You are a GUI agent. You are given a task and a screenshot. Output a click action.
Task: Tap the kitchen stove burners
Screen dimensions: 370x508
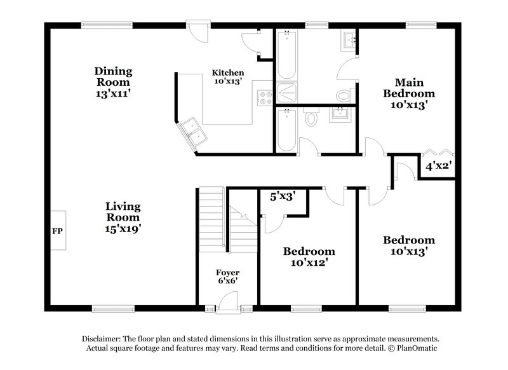pos(264,99)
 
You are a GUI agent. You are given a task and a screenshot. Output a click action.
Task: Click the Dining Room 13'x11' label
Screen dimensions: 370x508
pos(113,82)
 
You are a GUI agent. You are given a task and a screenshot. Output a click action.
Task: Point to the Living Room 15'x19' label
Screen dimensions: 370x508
pos(123,218)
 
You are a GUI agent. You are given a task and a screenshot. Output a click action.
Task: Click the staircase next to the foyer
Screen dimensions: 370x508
pos(212,219)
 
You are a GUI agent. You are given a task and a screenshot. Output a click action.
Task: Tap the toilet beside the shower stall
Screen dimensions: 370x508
pos(344,95)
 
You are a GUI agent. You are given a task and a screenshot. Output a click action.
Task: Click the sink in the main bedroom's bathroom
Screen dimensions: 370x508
pos(349,41)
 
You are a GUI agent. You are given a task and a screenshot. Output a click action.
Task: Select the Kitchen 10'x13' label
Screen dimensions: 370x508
pos(228,77)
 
